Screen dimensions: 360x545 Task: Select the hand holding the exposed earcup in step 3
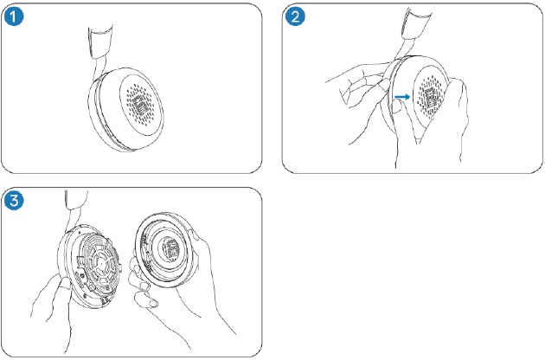pos(48,303)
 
